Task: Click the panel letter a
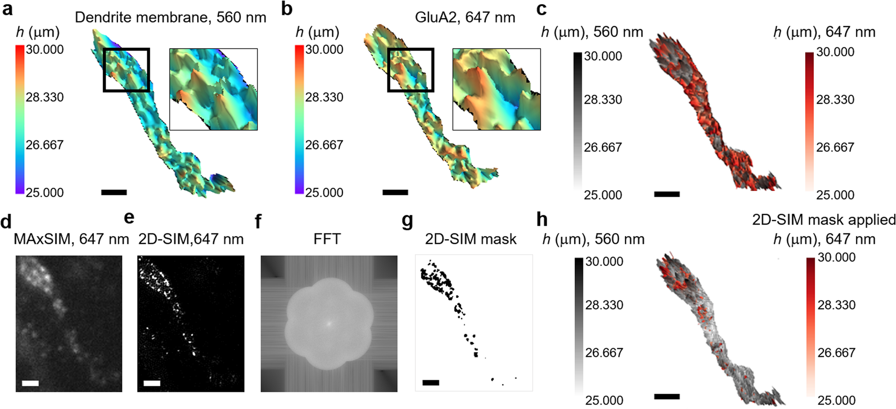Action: coord(7,9)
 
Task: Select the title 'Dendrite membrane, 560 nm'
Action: coord(170,17)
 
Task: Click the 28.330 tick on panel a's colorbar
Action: coord(44,97)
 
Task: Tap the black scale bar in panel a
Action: coord(114,192)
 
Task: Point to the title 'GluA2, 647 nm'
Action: coord(465,17)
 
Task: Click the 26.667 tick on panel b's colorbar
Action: coord(324,145)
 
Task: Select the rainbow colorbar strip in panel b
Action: coord(299,119)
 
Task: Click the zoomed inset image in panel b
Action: coord(496,89)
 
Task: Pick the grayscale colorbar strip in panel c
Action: coord(577,121)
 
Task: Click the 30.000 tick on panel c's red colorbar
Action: coord(835,52)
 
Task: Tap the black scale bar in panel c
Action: coord(667,194)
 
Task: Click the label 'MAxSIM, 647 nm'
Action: coord(71,239)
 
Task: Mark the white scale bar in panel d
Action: coord(30,383)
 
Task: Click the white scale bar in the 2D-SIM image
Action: coord(152,383)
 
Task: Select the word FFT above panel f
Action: coord(327,239)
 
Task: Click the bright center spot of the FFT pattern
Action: coord(328,322)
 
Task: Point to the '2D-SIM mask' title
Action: coord(470,239)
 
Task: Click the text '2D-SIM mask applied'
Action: coord(823,220)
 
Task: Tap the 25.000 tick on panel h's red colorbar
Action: coord(836,400)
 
